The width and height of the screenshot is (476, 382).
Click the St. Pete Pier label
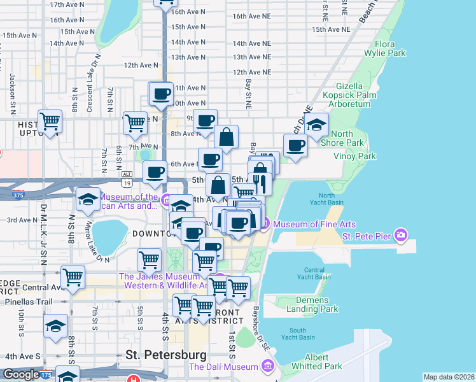click(367, 236)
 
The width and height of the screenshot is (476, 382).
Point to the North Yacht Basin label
click(327, 199)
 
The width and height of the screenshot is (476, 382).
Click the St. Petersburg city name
click(166, 355)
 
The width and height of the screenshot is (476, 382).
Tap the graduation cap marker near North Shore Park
click(316, 125)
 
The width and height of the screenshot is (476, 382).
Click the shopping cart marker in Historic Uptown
click(49, 122)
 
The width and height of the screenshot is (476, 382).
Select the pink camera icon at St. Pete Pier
click(401, 236)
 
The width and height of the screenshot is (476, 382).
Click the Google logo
click(21, 375)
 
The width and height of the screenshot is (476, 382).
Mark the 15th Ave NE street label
click(331, 29)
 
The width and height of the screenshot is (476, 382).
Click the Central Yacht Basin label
click(314, 273)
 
